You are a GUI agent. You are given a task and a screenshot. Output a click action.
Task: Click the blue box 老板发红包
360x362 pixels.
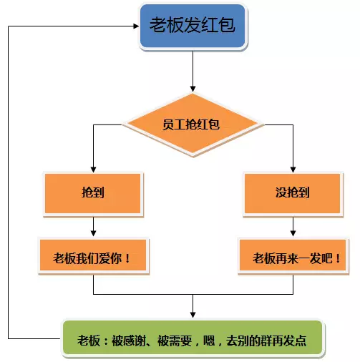193,26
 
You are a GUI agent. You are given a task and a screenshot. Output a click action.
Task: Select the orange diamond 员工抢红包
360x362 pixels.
193,124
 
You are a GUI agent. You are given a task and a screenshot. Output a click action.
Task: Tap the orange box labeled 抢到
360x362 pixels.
93,193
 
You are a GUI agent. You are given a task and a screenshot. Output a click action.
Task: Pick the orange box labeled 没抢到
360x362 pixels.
293,193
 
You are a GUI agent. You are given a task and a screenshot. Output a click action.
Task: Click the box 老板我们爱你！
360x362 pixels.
93,255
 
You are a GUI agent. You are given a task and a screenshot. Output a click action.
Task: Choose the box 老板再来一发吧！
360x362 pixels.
293,255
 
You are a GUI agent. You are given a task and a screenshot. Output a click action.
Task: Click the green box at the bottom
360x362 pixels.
193,338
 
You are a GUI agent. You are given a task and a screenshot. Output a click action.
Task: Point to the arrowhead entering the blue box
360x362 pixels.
137,26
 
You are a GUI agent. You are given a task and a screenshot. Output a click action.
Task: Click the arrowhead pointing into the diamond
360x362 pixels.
193,89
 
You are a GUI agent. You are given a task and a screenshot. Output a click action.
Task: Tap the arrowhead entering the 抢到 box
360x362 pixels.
94,170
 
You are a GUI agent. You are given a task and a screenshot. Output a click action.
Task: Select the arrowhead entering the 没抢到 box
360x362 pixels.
293,170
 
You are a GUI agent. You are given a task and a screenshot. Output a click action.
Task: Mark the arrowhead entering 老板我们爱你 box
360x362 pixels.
94,233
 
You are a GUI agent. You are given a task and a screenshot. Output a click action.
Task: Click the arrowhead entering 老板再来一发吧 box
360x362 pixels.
293,233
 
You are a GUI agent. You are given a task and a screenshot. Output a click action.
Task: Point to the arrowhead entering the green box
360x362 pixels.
193,315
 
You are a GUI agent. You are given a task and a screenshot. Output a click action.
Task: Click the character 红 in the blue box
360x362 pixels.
210,25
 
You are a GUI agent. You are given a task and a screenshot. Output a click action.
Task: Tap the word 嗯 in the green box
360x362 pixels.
209,341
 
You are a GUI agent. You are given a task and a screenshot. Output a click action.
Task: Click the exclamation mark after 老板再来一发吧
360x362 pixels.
338,258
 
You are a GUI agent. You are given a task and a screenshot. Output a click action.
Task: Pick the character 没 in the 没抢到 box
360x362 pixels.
281,192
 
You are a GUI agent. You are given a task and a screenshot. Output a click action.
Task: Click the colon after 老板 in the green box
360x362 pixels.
106,341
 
